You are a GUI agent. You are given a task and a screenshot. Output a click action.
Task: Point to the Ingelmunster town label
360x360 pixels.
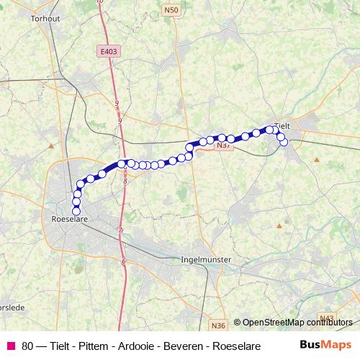tap(204, 258)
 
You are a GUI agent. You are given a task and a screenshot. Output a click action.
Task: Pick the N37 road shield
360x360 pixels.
tap(224, 145)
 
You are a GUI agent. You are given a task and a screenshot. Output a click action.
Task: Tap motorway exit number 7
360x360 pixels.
tap(120, 230)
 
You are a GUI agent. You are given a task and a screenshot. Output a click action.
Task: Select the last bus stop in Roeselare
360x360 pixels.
tap(76, 210)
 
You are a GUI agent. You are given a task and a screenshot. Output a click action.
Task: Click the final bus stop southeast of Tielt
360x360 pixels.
tap(284, 142)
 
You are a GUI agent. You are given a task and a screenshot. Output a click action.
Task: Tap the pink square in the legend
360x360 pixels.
tap(12, 346)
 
